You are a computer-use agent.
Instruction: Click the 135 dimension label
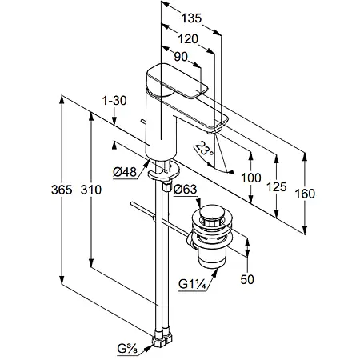pos(191,18)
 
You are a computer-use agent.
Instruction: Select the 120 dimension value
pos(188,39)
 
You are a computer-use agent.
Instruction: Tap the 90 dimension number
pos(181,57)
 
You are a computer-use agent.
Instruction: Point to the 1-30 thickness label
pos(114,101)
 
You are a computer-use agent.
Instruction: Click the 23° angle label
pos(205,149)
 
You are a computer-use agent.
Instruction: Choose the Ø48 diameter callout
pos(125,172)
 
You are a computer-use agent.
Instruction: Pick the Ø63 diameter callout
pos(185,190)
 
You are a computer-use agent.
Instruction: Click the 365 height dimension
pos(62,190)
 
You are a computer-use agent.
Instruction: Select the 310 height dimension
pos(91,190)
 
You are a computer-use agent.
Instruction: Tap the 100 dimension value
pos(251,178)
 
